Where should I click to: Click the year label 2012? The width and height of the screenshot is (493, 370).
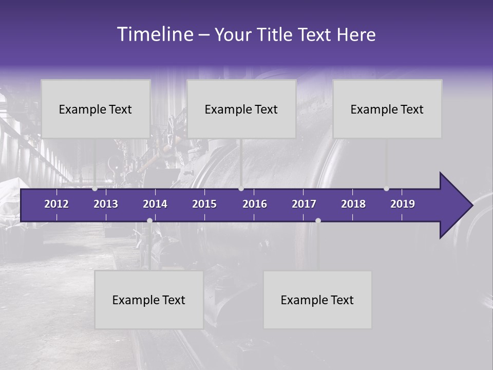[56, 204]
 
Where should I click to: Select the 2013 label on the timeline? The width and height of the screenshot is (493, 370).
[106, 204]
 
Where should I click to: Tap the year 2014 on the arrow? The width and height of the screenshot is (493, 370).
[155, 204]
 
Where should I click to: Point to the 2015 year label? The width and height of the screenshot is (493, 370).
[204, 204]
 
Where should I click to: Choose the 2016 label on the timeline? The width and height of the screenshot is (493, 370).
[255, 204]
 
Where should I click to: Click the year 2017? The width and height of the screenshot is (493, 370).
[304, 204]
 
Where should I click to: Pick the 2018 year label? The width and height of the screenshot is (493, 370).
[353, 204]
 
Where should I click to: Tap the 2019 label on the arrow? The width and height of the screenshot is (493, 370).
[403, 204]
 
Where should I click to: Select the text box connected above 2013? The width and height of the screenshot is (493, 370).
[96, 109]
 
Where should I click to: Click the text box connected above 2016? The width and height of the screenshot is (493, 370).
[241, 109]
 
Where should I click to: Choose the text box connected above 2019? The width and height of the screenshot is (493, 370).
[387, 109]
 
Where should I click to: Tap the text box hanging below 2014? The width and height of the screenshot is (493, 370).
[149, 300]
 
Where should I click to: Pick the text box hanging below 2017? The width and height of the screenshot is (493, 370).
[317, 300]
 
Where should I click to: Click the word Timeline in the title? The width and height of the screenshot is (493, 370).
[155, 34]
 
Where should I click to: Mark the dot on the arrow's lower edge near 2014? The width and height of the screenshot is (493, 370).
[149, 220]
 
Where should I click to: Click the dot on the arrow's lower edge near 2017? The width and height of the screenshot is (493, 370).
[318, 220]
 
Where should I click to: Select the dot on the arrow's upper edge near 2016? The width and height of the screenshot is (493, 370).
[241, 189]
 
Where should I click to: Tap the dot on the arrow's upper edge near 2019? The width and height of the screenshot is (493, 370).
[387, 189]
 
